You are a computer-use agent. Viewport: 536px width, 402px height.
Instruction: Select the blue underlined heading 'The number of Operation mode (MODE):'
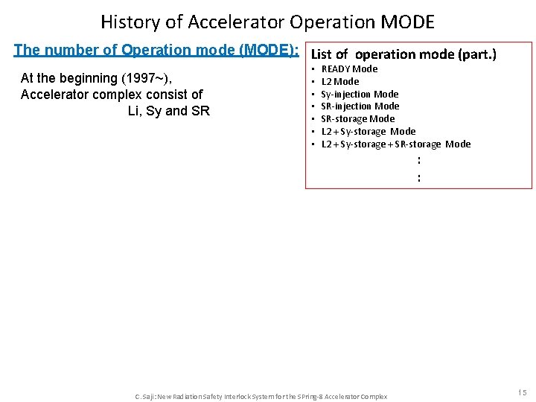(156, 51)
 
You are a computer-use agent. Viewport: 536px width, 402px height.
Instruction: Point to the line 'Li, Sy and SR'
(169, 111)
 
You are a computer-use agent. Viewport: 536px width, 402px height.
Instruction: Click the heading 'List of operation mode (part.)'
(403, 54)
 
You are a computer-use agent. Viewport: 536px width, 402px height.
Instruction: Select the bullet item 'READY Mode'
(349, 69)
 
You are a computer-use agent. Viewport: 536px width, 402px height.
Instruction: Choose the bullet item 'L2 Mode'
(339, 82)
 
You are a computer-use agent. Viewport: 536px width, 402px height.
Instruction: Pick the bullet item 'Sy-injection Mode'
(360, 95)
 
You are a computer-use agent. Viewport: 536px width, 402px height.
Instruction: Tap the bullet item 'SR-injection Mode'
(360, 106)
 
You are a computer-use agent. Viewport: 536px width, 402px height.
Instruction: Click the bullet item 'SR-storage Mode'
(357, 119)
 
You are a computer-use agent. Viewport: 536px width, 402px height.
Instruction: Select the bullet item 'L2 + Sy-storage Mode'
(368, 132)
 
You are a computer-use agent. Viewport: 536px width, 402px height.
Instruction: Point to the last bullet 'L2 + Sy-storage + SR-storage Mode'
(395, 144)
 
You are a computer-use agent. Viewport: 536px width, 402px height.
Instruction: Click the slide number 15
(522, 392)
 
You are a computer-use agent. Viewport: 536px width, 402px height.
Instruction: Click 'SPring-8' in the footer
(310, 397)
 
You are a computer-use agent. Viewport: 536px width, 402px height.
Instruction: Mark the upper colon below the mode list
(419, 160)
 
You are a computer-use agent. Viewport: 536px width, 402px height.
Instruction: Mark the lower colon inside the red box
(419, 177)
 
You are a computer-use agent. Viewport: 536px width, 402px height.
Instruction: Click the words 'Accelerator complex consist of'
(112, 95)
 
